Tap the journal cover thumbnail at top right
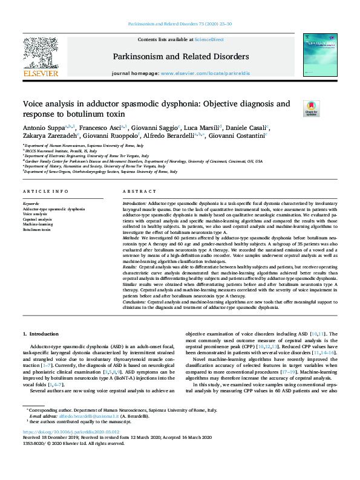321,55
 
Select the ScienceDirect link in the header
209,39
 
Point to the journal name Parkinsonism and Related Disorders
181,57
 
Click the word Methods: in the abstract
131,238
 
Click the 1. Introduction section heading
42,333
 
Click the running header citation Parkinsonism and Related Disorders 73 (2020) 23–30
180,25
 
